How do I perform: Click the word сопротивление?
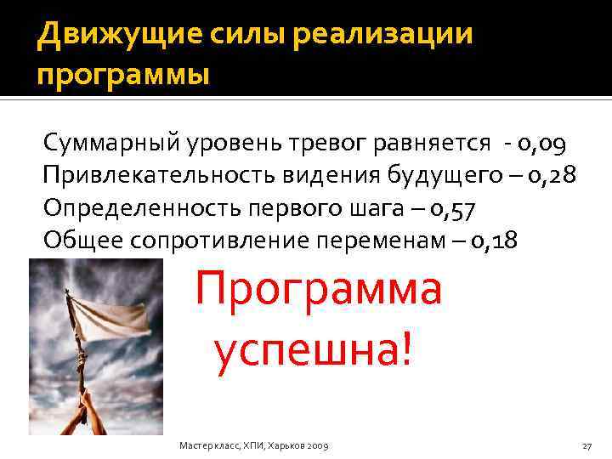coord(225,241)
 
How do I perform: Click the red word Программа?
coord(319,292)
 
